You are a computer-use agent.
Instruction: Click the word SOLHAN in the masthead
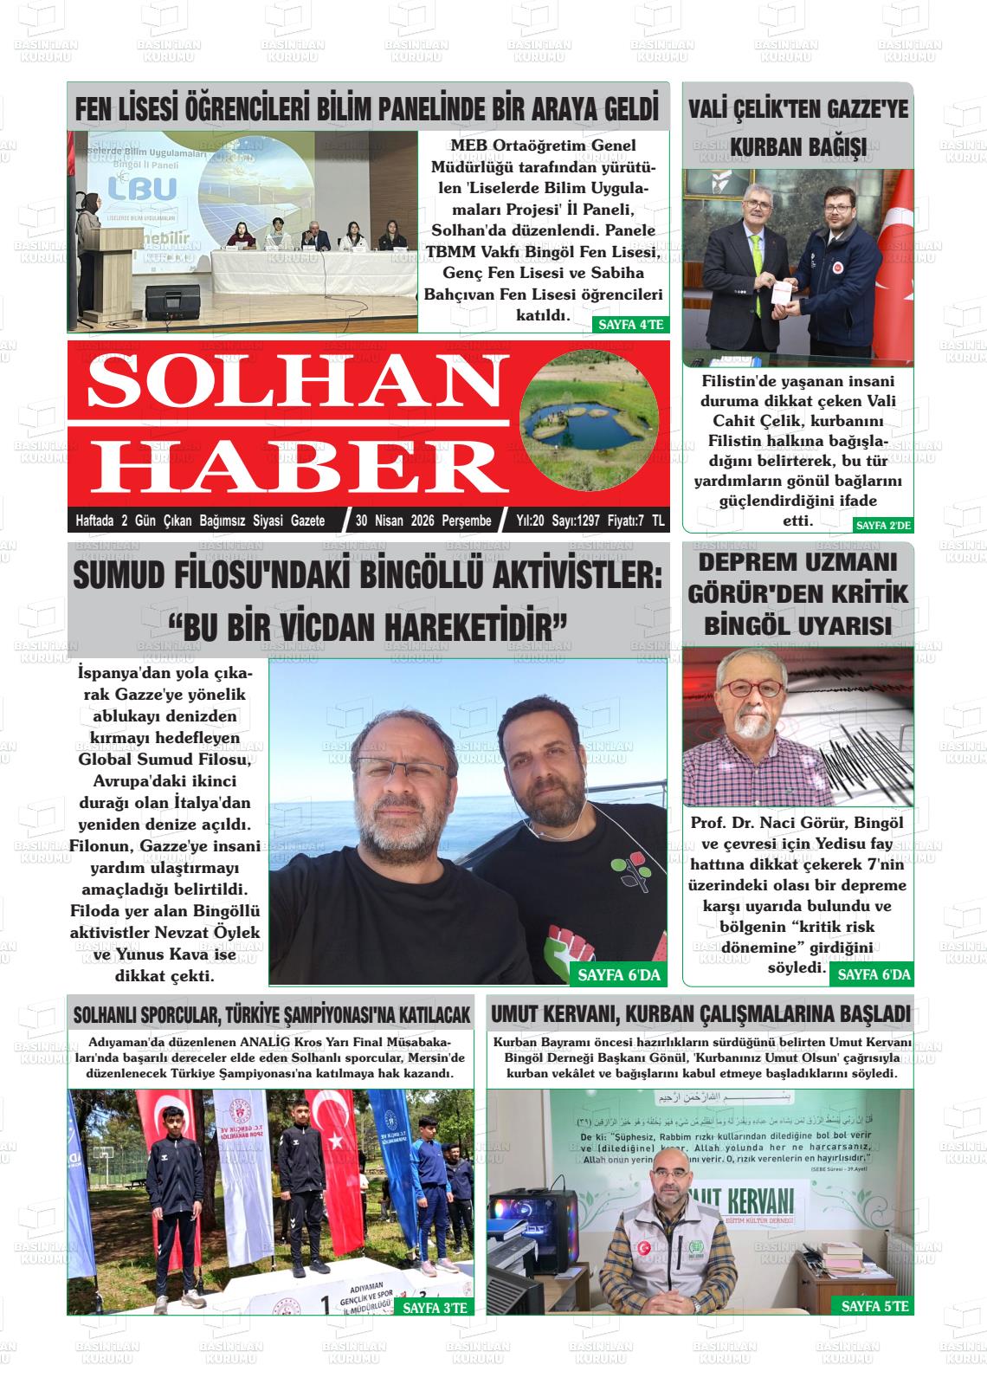[x=286, y=381]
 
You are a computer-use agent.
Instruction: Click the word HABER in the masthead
[x=299, y=465]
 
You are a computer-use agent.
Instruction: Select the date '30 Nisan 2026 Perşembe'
[x=423, y=521]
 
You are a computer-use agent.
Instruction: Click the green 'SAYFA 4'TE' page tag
[x=630, y=325]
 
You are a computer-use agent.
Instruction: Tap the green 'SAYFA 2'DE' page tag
[x=883, y=525]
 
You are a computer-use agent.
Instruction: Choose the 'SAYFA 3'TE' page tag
[x=435, y=1308]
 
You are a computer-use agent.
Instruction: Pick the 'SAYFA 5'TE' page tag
[x=874, y=1306]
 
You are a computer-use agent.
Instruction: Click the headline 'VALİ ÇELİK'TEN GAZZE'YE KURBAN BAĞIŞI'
[x=797, y=127]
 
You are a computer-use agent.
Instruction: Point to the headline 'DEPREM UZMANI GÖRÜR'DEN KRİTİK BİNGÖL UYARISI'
[x=797, y=593]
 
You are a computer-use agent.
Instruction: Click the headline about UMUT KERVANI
[x=700, y=1013]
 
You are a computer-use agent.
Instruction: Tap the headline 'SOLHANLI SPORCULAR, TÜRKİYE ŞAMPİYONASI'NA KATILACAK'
[x=271, y=1014]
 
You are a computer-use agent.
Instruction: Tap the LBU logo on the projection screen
[x=143, y=189]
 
